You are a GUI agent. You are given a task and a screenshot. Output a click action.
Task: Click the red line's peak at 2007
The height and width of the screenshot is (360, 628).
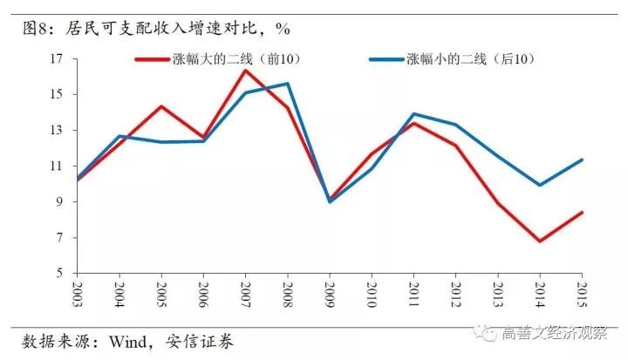point(245,70)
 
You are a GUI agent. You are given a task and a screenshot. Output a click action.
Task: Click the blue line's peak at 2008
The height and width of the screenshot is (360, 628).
point(287,84)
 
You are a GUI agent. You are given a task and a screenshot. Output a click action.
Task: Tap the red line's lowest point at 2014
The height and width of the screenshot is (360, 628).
point(540,241)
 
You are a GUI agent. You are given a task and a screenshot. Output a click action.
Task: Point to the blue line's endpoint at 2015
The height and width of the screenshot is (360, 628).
point(582,160)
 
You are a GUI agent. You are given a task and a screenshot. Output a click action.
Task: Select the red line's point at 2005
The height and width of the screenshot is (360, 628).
point(160,106)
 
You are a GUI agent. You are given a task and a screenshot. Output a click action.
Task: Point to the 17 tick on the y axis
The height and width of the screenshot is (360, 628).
point(58,58)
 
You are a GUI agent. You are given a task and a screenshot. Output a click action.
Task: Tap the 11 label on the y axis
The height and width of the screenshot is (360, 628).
point(58,166)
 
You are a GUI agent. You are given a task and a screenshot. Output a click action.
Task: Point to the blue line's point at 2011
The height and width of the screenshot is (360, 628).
point(413,113)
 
